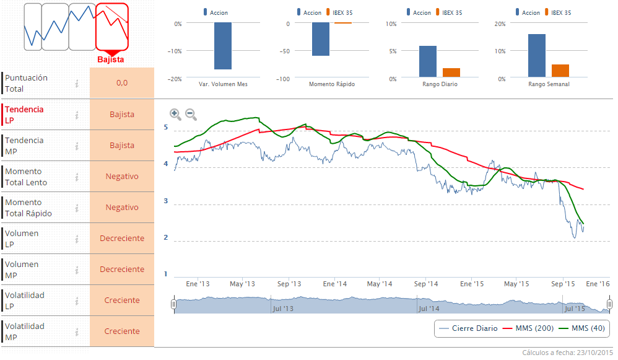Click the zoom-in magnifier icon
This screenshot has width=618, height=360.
175,114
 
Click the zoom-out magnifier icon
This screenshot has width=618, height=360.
191,114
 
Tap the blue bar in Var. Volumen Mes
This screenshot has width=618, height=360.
223,46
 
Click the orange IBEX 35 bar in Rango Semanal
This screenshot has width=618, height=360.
560,71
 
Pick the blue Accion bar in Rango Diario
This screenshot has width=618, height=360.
428,62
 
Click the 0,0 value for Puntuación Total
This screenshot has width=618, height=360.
122,83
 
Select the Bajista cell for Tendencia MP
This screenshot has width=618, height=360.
122,146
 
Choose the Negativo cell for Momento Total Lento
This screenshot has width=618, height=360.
122,177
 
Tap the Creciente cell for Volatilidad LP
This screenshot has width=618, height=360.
122,301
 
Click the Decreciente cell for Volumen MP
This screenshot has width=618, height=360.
122,270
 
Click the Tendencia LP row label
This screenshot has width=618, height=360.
25,115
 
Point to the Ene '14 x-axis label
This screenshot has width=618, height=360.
334,284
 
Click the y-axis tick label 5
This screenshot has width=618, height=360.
166,127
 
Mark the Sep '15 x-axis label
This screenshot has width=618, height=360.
563,284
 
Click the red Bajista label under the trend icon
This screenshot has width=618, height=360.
111,59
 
